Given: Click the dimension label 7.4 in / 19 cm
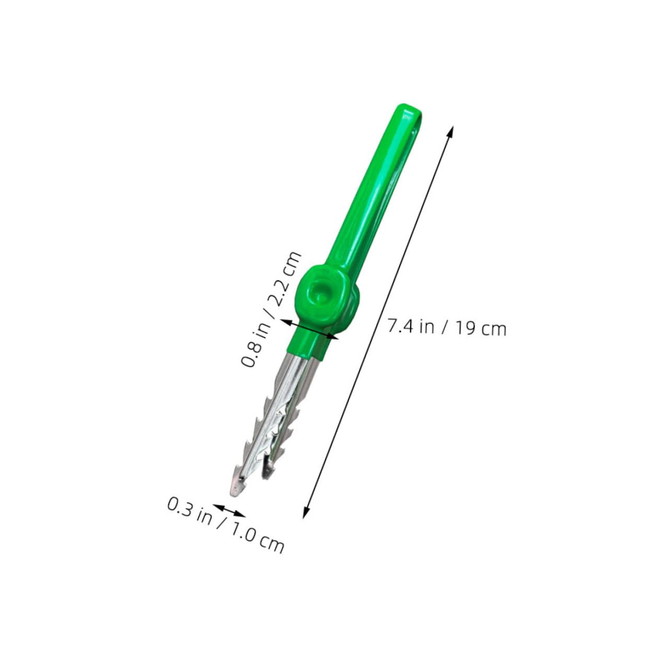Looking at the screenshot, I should tap(447, 328).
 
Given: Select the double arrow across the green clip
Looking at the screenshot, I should tap(310, 330).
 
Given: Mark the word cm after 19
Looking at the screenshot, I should tap(494, 330).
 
